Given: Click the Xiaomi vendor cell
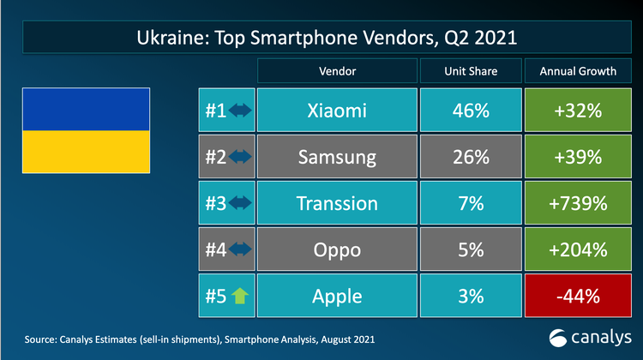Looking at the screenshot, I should (336, 111).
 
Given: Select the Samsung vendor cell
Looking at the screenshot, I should (336, 157).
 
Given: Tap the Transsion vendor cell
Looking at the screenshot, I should (336, 203).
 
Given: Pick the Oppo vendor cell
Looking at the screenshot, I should (336, 249).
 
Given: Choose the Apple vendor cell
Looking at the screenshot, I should (336, 296).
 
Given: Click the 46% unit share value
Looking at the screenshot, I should (469, 111).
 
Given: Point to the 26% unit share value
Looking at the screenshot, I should (469, 157).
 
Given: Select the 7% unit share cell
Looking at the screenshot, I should (469, 203).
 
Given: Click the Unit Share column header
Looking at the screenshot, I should (469, 71).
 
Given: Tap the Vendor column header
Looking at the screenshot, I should (336, 71).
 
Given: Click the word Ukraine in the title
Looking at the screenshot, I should (173, 39).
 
